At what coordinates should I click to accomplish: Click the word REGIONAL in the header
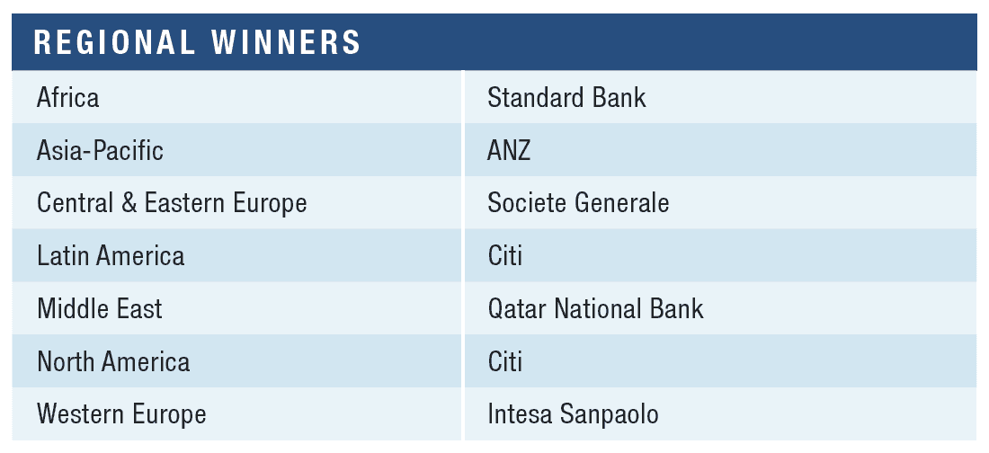[x=113, y=42]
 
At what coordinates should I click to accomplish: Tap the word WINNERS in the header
[x=286, y=42]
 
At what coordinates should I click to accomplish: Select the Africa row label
[x=68, y=98]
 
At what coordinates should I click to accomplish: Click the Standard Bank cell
[x=567, y=98]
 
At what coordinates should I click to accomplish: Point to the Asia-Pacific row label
[x=101, y=151]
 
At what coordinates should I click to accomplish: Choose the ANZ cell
[x=509, y=151]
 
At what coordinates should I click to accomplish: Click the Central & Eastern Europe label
[x=173, y=204]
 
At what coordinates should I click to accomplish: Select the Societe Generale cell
[x=578, y=204]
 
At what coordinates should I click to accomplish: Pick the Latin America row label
[x=111, y=257]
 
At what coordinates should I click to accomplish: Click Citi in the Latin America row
[x=504, y=257]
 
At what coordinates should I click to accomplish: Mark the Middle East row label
[x=100, y=309]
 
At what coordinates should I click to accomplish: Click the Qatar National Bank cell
[x=595, y=309]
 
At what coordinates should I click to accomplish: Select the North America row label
[x=113, y=362]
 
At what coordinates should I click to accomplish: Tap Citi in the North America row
[x=504, y=362]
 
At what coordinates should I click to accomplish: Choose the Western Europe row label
[x=121, y=414]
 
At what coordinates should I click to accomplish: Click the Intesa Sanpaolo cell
[x=574, y=414]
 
